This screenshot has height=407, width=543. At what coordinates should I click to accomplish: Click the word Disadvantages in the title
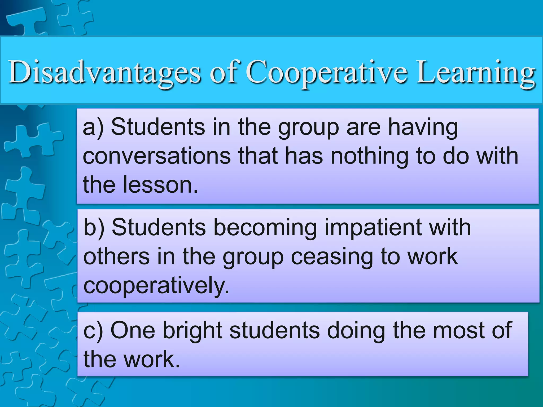(104, 72)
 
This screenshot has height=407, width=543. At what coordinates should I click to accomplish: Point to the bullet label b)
(94, 228)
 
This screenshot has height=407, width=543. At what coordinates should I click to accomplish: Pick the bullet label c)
(93, 330)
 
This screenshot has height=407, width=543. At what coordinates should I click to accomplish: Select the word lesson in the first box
(160, 185)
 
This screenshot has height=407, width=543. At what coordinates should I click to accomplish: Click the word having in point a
(423, 128)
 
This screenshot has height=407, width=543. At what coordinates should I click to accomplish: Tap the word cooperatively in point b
(156, 286)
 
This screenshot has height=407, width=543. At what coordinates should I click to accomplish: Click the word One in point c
(133, 330)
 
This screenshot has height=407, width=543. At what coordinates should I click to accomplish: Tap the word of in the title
(224, 72)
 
